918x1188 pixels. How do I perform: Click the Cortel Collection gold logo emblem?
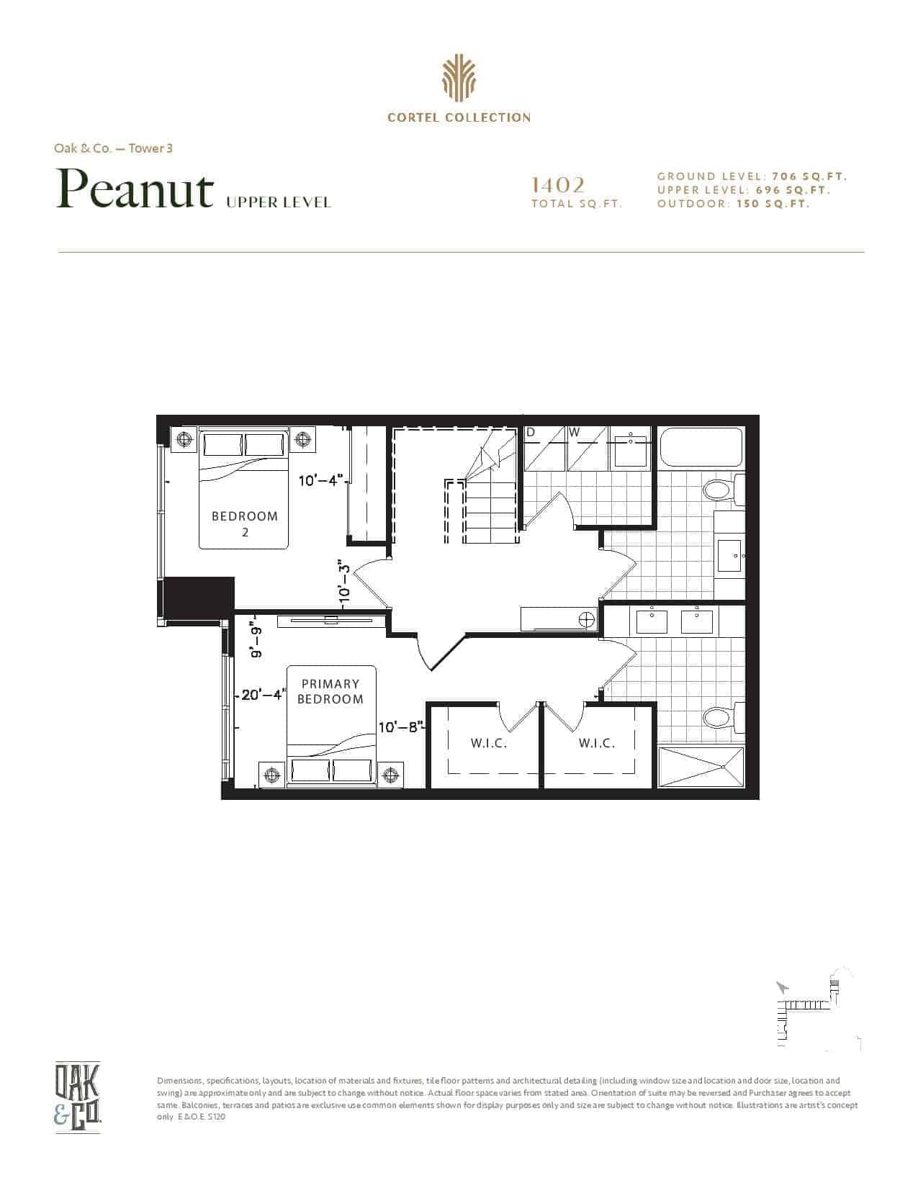pyautogui.click(x=459, y=78)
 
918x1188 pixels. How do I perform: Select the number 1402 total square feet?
pyautogui.click(x=558, y=185)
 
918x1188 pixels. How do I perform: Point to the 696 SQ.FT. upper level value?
pyautogui.click(x=793, y=190)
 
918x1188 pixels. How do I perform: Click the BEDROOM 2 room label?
pyautogui.click(x=244, y=523)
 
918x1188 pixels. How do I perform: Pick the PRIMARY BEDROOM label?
pyautogui.click(x=330, y=691)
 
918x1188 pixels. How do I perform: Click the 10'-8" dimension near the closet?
pyautogui.click(x=401, y=727)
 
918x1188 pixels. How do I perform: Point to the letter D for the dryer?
pyautogui.click(x=530, y=432)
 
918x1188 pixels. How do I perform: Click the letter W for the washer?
pyautogui.click(x=574, y=432)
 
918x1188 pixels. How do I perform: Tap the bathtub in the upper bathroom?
pyautogui.click(x=701, y=446)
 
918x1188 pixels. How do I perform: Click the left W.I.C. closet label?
pyautogui.click(x=489, y=744)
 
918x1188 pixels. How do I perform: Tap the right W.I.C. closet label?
pyautogui.click(x=597, y=744)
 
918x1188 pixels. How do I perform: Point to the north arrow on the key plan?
pyautogui.click(x=783, y=986)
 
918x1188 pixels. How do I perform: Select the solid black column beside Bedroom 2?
pyautogui.click(x=199, y=598)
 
